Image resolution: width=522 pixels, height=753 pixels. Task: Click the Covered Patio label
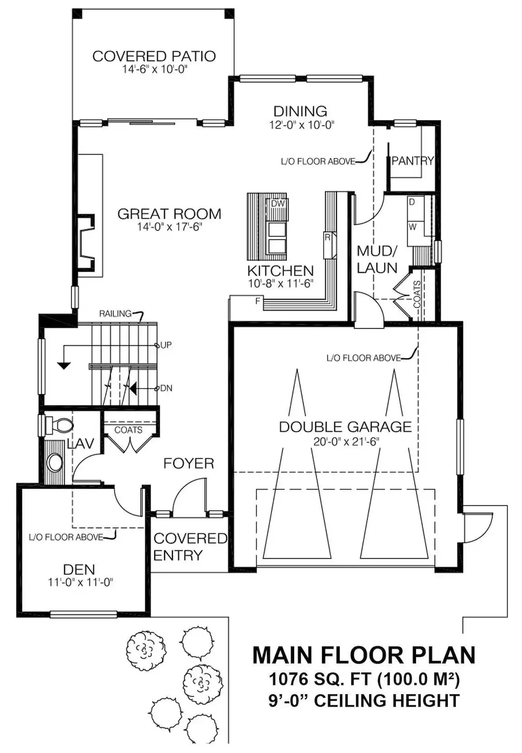click(154, 56)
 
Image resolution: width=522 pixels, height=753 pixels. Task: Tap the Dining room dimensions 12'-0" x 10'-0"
click(302, 125)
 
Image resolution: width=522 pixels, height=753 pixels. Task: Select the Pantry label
click(413, 161)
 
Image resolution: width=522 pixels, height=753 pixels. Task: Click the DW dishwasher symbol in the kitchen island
click(278, 203)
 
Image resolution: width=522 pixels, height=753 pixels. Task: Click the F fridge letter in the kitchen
click(258, 301)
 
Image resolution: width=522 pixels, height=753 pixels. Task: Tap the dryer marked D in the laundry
click(415, 208)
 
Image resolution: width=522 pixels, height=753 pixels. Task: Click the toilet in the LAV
click(58, 425)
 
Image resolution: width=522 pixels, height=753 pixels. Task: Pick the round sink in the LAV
click(54, 463)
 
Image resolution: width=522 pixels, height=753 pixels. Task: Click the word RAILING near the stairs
click(115, 314)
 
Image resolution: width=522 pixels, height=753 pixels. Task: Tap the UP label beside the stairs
click(166, 345)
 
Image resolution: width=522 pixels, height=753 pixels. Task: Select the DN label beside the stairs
click(166, 388)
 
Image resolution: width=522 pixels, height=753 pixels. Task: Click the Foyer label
click(189, 463)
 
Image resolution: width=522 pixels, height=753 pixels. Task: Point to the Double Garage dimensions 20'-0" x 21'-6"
click(346, 441)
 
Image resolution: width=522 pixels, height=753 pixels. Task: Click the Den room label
click(79, 569)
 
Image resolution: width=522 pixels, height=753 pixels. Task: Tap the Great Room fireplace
click(86, 242)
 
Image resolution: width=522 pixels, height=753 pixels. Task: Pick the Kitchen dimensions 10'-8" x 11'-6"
click(280, 283)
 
